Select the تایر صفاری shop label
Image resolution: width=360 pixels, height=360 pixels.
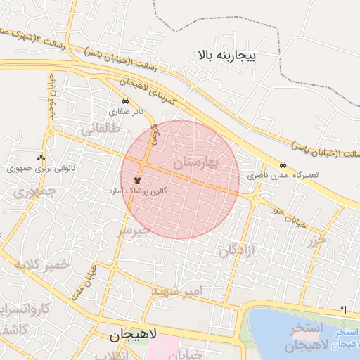[129, 111]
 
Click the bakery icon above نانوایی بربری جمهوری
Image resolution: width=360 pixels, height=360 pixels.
[40, 158]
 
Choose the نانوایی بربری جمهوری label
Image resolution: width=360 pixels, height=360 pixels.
[35, 169]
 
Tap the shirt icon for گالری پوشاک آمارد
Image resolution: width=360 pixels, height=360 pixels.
[136, 181]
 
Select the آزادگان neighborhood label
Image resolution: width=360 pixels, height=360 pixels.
[237, 250]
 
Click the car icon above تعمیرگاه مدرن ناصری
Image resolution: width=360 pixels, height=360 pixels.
[283, 164]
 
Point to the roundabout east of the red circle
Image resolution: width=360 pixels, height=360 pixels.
[256, 199]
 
